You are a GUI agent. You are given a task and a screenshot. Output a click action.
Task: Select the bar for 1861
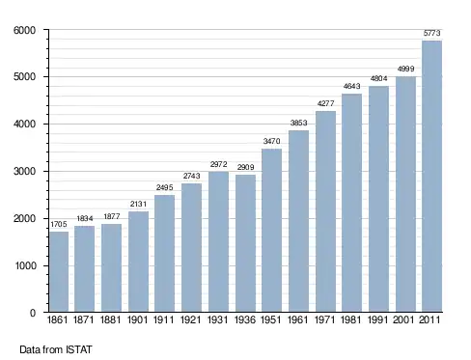coord(59,271)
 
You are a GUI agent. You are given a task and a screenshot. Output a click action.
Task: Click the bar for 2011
coord(431,176)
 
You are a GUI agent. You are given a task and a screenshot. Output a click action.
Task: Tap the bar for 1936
coord(245,243)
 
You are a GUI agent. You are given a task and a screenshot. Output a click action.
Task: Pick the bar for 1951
coord(271,230)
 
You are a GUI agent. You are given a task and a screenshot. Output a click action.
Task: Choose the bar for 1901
coord(138,262)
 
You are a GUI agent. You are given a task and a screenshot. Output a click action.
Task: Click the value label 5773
coord(431,33)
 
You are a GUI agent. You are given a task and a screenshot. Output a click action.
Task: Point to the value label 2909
coord(245,167)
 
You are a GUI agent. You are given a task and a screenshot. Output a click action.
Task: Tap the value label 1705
coord(59,224)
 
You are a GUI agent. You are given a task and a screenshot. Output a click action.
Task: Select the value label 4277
coord(325,103)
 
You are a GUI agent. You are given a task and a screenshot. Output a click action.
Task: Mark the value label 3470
coord(271,141)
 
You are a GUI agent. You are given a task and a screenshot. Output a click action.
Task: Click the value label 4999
coord(405,69)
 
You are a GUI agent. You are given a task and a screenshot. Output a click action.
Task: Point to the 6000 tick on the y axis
coord(24,30)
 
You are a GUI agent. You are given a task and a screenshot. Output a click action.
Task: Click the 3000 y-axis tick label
coord(24,171)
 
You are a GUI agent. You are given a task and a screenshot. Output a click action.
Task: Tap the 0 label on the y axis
coord(33,313)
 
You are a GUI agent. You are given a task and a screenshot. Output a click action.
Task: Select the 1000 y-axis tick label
coord(25,265)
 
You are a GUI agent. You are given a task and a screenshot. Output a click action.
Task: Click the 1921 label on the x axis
coord(191,319)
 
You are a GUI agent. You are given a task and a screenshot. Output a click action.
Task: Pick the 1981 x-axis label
coord(350,319)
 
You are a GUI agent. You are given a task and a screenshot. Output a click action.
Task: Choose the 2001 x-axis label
coord(403,319)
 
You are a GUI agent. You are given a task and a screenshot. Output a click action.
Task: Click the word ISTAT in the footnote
coord(79,349)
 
